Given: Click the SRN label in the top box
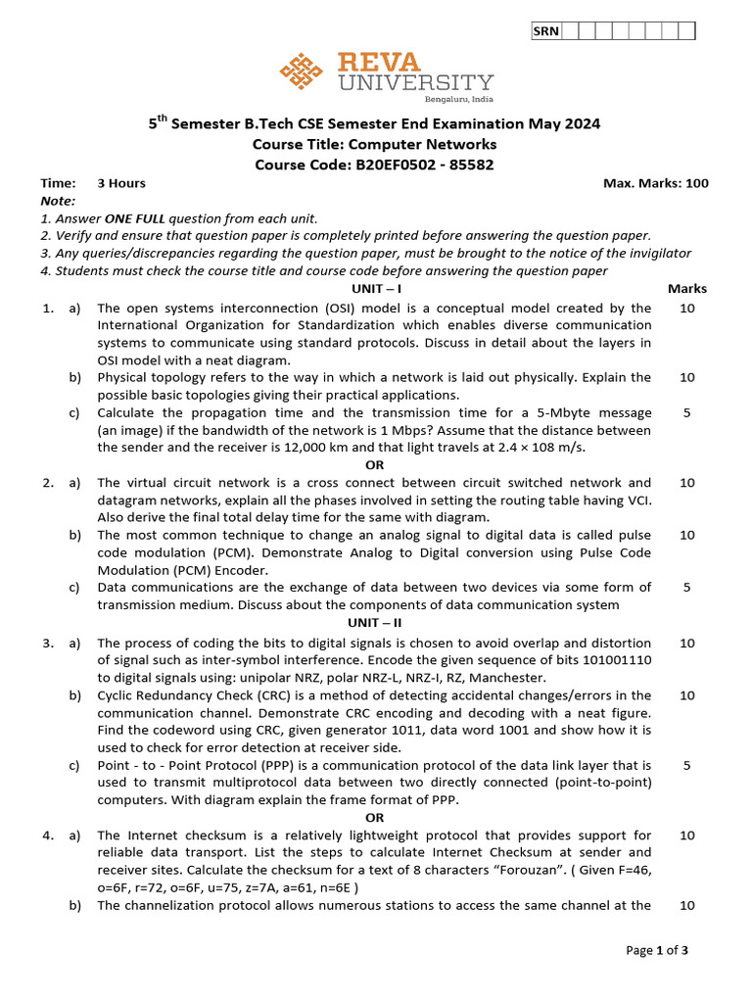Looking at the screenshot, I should click(545, 31).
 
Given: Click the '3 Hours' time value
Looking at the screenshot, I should click(121, 183).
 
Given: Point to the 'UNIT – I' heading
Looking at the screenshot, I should click(376, 289).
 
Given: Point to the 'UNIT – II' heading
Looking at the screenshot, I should click(376, 623).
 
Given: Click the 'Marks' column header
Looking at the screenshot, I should click(686, 289).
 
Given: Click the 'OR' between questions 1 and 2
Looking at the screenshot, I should click(375, 465).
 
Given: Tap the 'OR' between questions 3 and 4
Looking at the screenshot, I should click(375, 818).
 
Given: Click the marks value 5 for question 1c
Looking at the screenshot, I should click(686, 412).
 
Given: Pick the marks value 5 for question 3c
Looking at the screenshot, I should click(686, 765).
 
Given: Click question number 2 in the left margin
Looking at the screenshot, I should click(46, 483).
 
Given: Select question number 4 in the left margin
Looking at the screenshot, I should click(46, 836).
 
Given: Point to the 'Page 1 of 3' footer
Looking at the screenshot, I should click(657, 950).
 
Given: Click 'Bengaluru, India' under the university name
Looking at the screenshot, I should click(458, 100).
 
